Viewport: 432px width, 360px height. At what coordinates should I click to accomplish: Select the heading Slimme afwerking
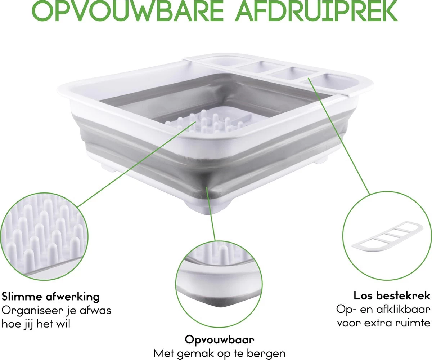point(51,297)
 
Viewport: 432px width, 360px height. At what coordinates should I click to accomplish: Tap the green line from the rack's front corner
point(211,213)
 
